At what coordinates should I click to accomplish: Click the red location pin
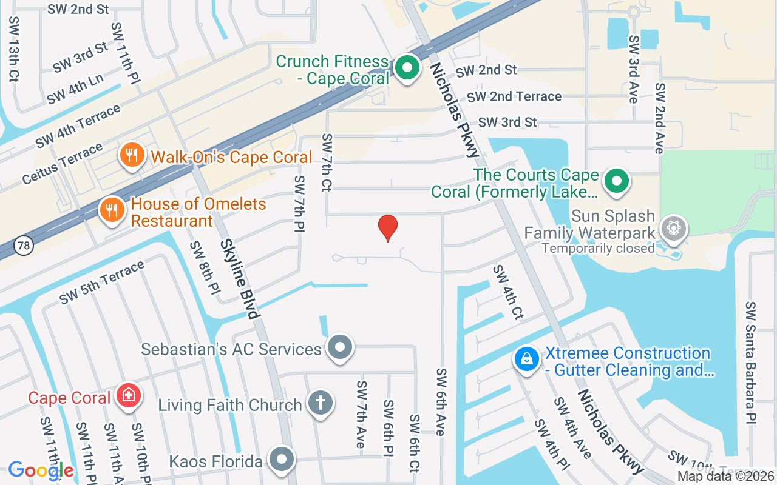pyautogui.click(x=388, y=228)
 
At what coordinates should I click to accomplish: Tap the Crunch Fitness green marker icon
pyautogui.click(x=407, y=67)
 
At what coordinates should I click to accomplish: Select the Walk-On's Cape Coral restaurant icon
pyautogui.click(x=131, y=155)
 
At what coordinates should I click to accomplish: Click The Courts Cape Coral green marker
pyautogui.click(x=617, y=180)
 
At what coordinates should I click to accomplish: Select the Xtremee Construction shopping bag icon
pyautogui.click(x=527, y=359)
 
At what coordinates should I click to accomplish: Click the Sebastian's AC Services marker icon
pyautogui.click(x=339, y=347)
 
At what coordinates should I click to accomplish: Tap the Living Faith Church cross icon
pyautogui.click(x=321, y=403)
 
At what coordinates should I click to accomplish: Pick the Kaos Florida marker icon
pyautogui.click(x=282, y=460)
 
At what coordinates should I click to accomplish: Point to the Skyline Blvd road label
pyautogui.click(x=240, y=278)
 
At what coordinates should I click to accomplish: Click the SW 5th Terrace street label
pyautogui.click(x=102, y=282)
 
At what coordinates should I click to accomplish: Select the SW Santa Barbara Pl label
pyautogui.click(x=751, y=363)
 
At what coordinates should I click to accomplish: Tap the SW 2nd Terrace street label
pyautogui.click(x=514, y=96)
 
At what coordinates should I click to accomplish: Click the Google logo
pyautogui.click(x=40, y=470)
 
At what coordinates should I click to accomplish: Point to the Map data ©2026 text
pyautogui.click(x=725, y=477)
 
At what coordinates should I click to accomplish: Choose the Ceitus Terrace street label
pyautogui.click(x=62, y=164)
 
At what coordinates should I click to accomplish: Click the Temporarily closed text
pyautogui.click(x=598, y=248)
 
